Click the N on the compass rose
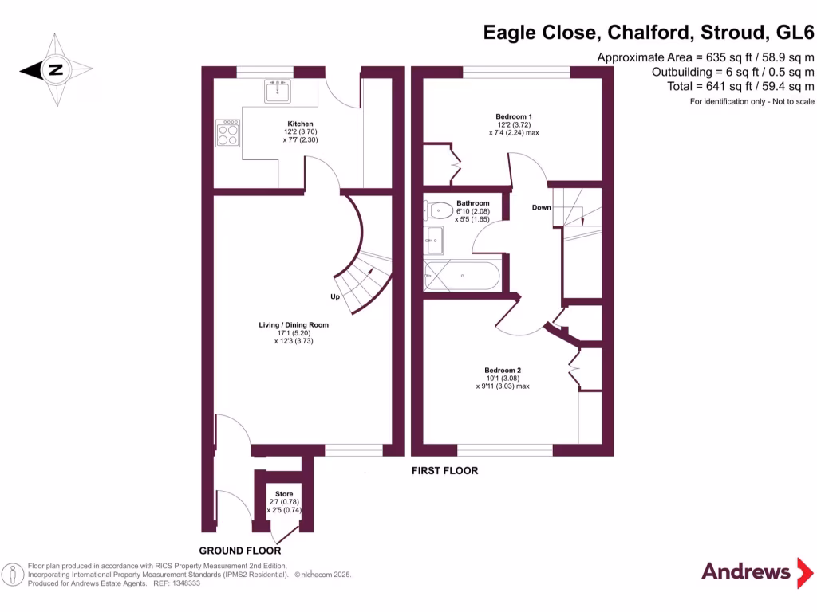[x=54, y=70]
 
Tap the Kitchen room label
[x=300, y=124]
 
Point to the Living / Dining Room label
[x=293, y=325]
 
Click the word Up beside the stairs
[x=336, y=297]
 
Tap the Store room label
[x=284, y=494]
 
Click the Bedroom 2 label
[x=503, y=370]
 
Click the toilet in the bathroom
[x=438, y=210]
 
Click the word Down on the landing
[x=542, y=208]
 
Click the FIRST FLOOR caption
[x=444, y=471]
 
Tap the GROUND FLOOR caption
[x=239, y=551]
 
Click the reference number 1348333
[x=184, y=583]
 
